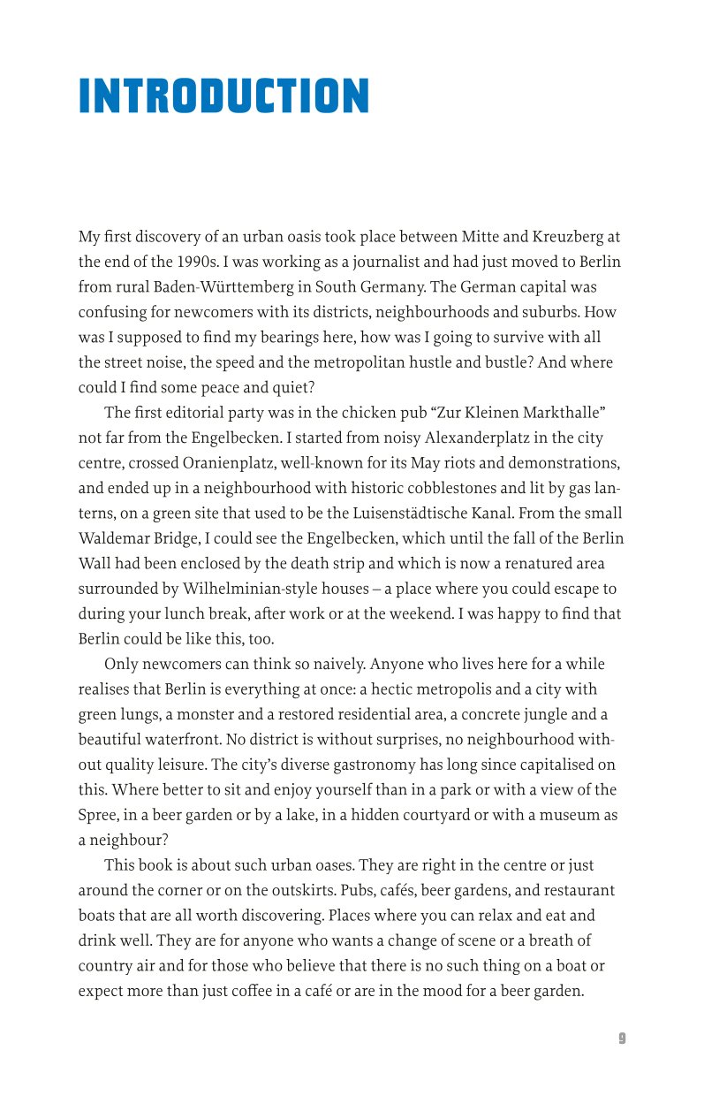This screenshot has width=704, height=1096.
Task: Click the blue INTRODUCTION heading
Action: (x=223, y=96)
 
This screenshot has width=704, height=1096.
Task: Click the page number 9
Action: (x=622, y=1039)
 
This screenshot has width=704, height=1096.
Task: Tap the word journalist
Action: (x=374, y=263)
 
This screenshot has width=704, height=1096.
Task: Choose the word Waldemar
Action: (x=117, y=538)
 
